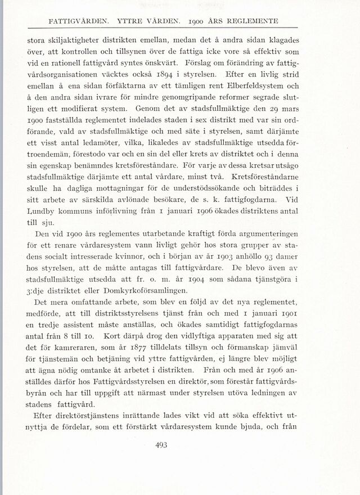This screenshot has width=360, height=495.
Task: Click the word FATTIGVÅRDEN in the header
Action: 77,22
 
